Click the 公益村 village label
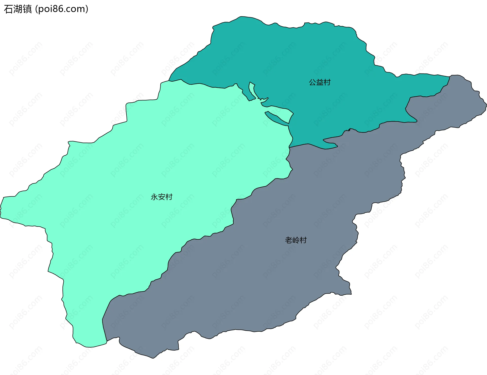[x=320, y=82]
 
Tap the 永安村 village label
[x=162, y=197]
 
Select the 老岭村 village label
[x=296, y=240]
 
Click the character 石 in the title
[x=8, y=9]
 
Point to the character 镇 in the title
[x=27, y=9]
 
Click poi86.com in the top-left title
[x=62, y=9]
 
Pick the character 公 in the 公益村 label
[x=312, y=82]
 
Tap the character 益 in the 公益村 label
[x=320, y=82]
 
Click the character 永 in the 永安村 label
[x=154, y=197]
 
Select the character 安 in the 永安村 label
[x=162, y=197]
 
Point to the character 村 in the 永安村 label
[x=169, y=197]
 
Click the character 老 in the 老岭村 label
[x=289, y=240]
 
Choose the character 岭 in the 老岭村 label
[x=296, y=240]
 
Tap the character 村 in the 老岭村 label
[x=303, y=240]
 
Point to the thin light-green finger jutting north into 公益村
[x=252, y=89]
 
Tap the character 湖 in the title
[x=18, y=9]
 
